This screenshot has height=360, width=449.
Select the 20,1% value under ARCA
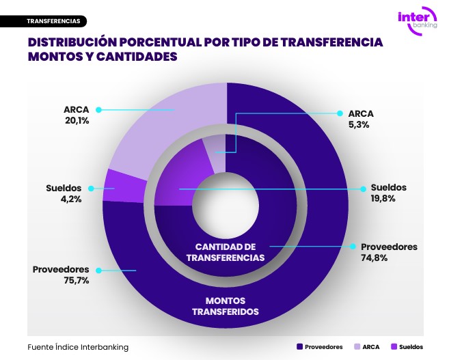click(76, 121)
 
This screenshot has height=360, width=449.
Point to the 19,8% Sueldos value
click(384, 199)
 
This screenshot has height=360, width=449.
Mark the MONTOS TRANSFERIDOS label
click(225, 306)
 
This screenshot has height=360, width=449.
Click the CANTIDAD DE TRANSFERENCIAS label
click(225, 251)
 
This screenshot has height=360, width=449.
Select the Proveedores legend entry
click(320, 347)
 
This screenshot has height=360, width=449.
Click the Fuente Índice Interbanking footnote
click(78, 347)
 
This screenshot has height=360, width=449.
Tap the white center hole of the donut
click(225, 205)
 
